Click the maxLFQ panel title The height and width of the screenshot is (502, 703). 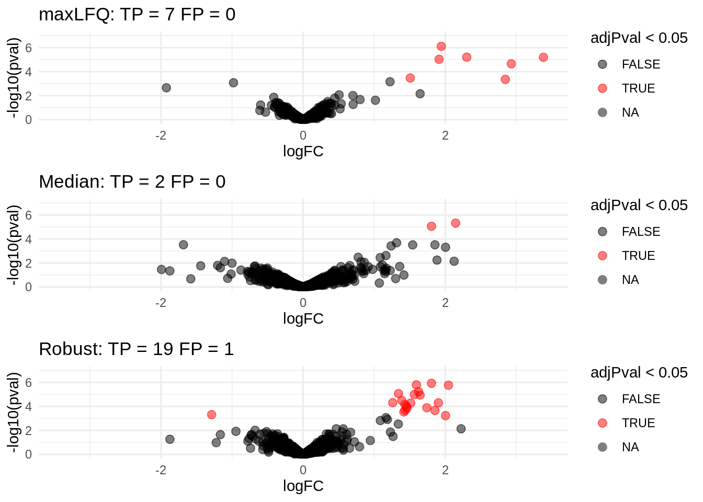tap(137, 15)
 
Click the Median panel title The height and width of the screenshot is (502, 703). tap(132, 182)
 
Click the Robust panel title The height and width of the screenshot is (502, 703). tap(136, 349)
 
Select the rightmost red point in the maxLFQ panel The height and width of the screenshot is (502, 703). tap(543, 58)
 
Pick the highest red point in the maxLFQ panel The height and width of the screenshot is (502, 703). tap(441, 47)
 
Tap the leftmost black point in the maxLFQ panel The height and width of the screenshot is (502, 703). tap(166, 88)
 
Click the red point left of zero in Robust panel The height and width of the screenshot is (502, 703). tap(211, 415)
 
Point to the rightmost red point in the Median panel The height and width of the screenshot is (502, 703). tap(456, 223)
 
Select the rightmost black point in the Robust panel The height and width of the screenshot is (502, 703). tap(461, 429)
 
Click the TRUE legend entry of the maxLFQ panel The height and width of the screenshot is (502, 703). tap(638, 88)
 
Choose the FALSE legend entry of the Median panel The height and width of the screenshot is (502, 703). tap(641, 232)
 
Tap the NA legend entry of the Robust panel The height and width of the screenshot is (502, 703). tap(630, 447)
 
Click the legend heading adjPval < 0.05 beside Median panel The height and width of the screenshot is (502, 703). tap(639, 206)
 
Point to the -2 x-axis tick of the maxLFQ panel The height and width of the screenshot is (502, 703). tap(161, 135)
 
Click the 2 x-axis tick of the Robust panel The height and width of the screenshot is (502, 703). tap(445, 470)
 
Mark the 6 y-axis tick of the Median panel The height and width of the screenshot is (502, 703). tap(29, 215)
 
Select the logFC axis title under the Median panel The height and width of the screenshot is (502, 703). tap(303, 319)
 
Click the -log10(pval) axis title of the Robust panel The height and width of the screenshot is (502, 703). tap(14, 413)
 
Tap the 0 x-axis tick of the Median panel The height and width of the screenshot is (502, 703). tap(303, 303)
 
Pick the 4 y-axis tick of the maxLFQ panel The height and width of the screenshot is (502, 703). tap(29, 72)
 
